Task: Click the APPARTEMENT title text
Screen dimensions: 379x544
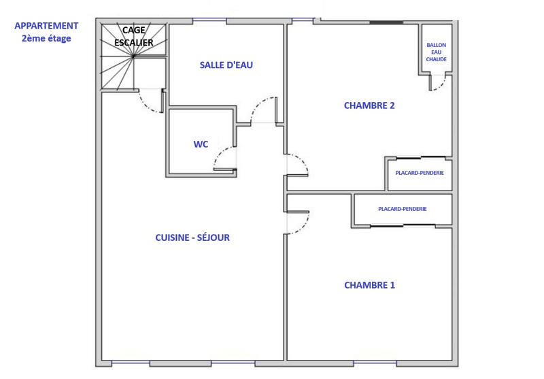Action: click(46, 26)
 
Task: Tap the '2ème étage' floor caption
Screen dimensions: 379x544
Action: click(46, 39)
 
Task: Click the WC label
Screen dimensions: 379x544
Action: click(201, 144)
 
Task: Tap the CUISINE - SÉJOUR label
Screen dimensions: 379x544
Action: click(192, 237)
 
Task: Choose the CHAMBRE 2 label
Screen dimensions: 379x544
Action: click(369, 105)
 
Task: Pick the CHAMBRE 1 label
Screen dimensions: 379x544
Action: click(369, 285)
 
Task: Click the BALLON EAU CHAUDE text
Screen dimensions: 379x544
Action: click(437, 52)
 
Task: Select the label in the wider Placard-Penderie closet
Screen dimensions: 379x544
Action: click(403, 209)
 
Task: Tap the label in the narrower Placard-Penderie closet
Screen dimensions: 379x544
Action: click(420, 173)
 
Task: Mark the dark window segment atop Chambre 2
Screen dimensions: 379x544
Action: click(386, 22)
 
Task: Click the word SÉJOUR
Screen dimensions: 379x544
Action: click(211, 237)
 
